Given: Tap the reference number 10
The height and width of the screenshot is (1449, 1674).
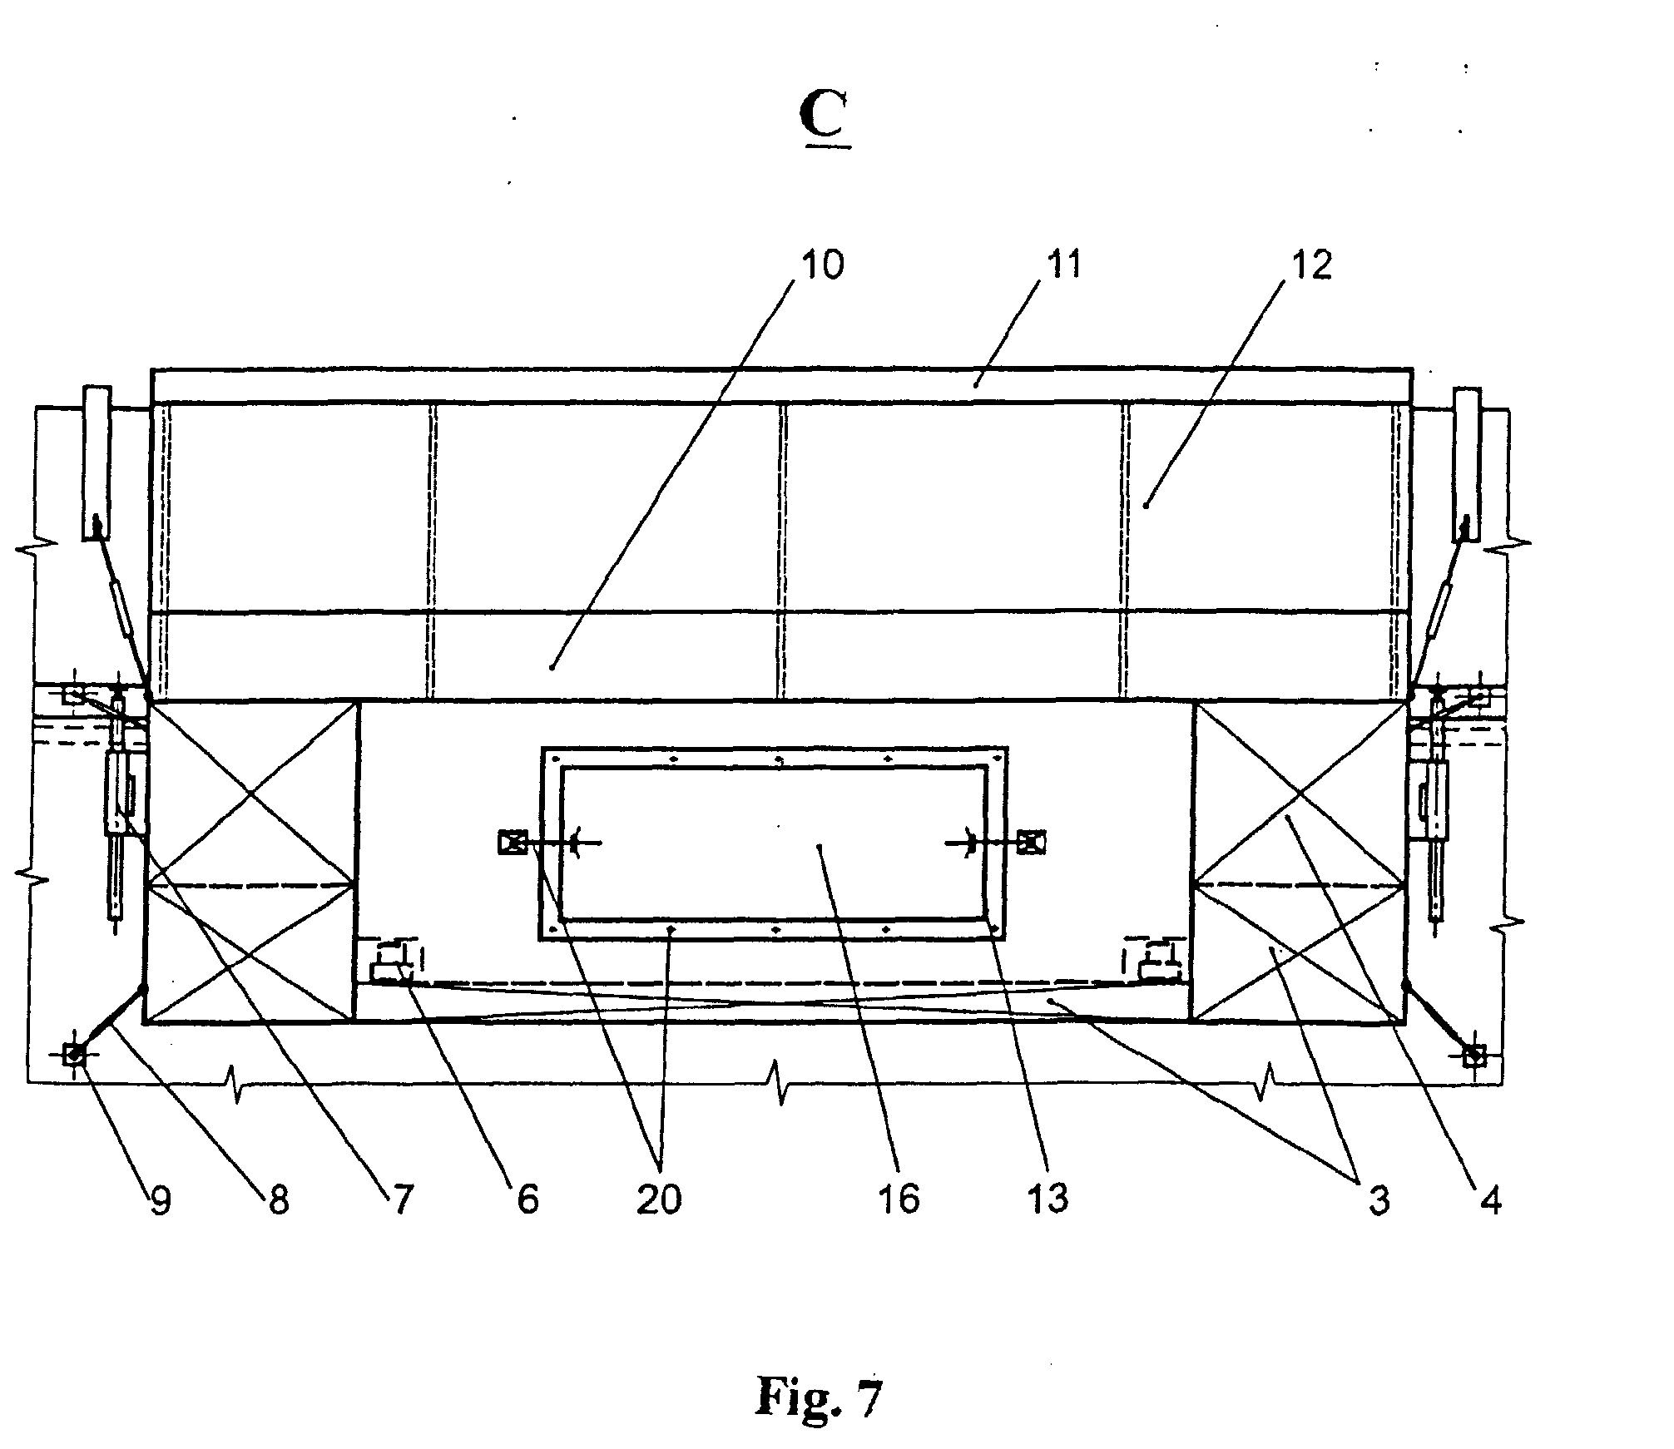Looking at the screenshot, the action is [x=821, y=265].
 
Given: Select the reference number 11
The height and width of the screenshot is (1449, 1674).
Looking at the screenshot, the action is [x=1064, y=265].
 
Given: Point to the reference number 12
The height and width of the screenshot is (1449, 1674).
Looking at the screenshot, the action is [x=1310, y=265].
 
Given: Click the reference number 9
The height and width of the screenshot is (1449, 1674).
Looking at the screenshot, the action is [x=161, y=1200].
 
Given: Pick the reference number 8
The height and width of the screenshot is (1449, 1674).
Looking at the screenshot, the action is [x=278, y=1200].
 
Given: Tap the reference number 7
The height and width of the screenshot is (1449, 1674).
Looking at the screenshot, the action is [x=403, y=1200].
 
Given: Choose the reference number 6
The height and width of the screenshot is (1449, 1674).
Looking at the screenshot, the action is [x=528, y=1200].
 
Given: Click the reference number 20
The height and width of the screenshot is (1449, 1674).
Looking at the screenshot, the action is [x=659, y=1200].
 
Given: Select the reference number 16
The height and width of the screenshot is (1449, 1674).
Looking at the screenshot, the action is [x=899, y=1200].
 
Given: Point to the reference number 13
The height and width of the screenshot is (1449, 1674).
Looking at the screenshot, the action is [x=1047, y=1200].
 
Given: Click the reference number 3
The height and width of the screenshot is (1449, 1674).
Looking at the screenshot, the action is [x=1379, y=1200].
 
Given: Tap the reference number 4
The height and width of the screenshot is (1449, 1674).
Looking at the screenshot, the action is [x=1492, y=1200].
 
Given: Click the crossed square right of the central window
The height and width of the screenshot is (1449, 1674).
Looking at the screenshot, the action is [x=1035, y=842].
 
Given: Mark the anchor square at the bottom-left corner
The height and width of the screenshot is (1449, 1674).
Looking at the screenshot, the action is [x=74, y=1055].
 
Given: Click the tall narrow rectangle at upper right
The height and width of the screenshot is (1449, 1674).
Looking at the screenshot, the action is [x=1467, y=462].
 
